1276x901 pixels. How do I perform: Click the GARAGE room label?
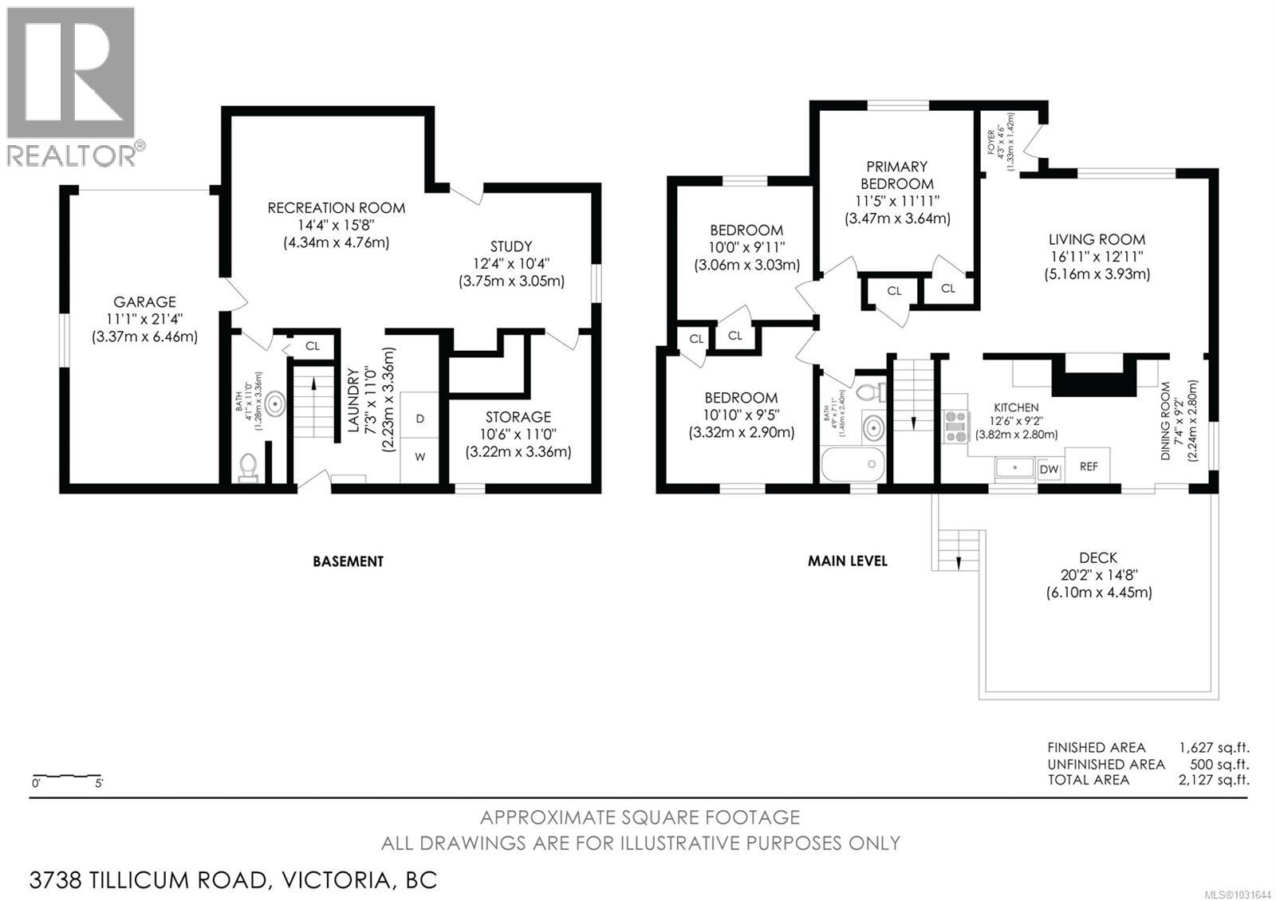tap(144, 302)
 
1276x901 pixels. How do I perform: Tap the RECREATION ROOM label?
tap(336, 208)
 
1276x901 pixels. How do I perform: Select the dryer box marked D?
tap(419, 419)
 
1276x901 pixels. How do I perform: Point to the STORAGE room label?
tap(518, 417)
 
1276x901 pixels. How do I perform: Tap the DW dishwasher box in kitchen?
tap(1049, 470)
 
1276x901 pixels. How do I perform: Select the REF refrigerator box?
tap(1089, 466)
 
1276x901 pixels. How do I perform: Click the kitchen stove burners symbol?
tap(955, 426)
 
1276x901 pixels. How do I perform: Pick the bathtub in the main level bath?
tap(853, 464)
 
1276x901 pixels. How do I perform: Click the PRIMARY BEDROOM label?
tap(897, 175)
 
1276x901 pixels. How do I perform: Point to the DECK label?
tap(1098, 558)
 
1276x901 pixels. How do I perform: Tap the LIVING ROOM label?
tap(1097, 239)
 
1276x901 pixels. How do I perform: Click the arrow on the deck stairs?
tap(958, 562)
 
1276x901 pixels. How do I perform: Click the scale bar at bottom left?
tap(66, 776)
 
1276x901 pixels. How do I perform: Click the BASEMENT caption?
tap(348, 561)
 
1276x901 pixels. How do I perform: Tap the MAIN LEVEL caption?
tap(847, 561)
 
